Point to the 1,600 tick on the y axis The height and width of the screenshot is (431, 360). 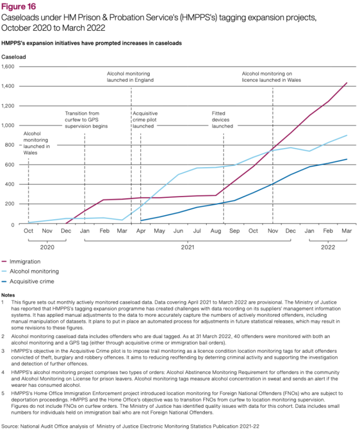[x=9, y=66]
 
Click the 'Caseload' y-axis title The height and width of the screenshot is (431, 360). [x=14, y=56]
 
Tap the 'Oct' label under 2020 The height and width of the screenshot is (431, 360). [x=28, y=231]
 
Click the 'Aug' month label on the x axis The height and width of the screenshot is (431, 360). [x=215, y=231]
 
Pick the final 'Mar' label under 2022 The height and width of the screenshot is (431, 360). [x=346, y=231]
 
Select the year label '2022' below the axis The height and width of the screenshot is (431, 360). [x=328, y=247]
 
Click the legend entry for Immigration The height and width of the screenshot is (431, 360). [x=24, y=261]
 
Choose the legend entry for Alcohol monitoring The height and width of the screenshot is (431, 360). [x=33, y=271]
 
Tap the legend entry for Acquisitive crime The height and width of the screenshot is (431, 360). [x=31, y=281]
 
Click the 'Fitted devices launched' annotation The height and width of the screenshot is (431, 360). [x=223, y=119]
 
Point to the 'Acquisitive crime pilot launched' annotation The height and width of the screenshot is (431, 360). [x=145, y=119]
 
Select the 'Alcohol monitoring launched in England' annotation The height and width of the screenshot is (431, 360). [x=130, y=77]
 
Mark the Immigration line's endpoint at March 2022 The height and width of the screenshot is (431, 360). [x=347, y=83]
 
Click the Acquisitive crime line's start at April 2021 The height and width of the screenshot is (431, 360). [x=141, y=221]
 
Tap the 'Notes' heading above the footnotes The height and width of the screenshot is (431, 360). [x=8, y=295]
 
